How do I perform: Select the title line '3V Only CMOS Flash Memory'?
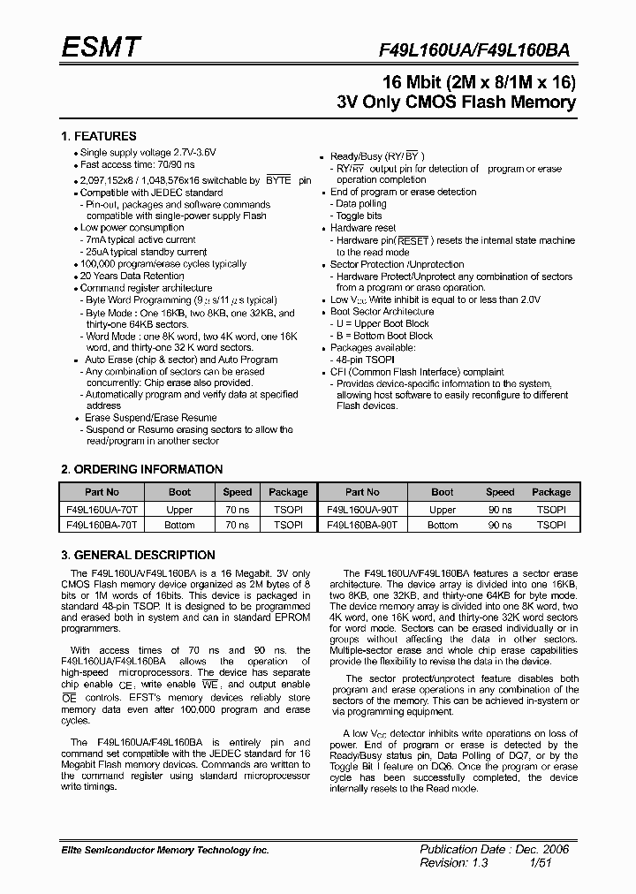point(456,102)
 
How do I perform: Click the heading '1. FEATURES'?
point(98,136)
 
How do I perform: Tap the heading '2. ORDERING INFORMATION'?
point(141,469)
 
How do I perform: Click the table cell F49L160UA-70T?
point(102,510)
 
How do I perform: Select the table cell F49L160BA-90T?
point(362,525)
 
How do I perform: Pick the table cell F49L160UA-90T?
point(362,510)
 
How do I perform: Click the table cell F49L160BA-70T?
point(102,525)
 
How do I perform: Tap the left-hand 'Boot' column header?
point(179,492)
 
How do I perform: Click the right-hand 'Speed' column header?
point(500,492)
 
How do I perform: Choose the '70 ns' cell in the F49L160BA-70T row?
point(237,525)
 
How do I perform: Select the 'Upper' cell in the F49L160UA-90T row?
point(443,510)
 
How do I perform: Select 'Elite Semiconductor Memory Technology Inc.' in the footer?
point(164,850)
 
